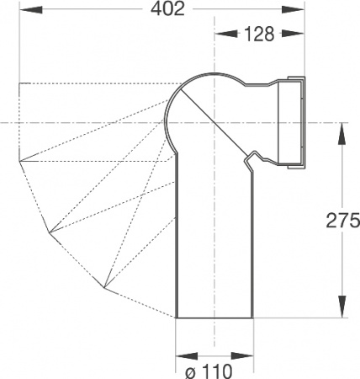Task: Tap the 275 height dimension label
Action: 341,221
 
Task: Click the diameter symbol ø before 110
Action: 189,368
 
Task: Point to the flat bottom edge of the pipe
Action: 214,318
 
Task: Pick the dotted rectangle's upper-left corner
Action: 19,83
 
